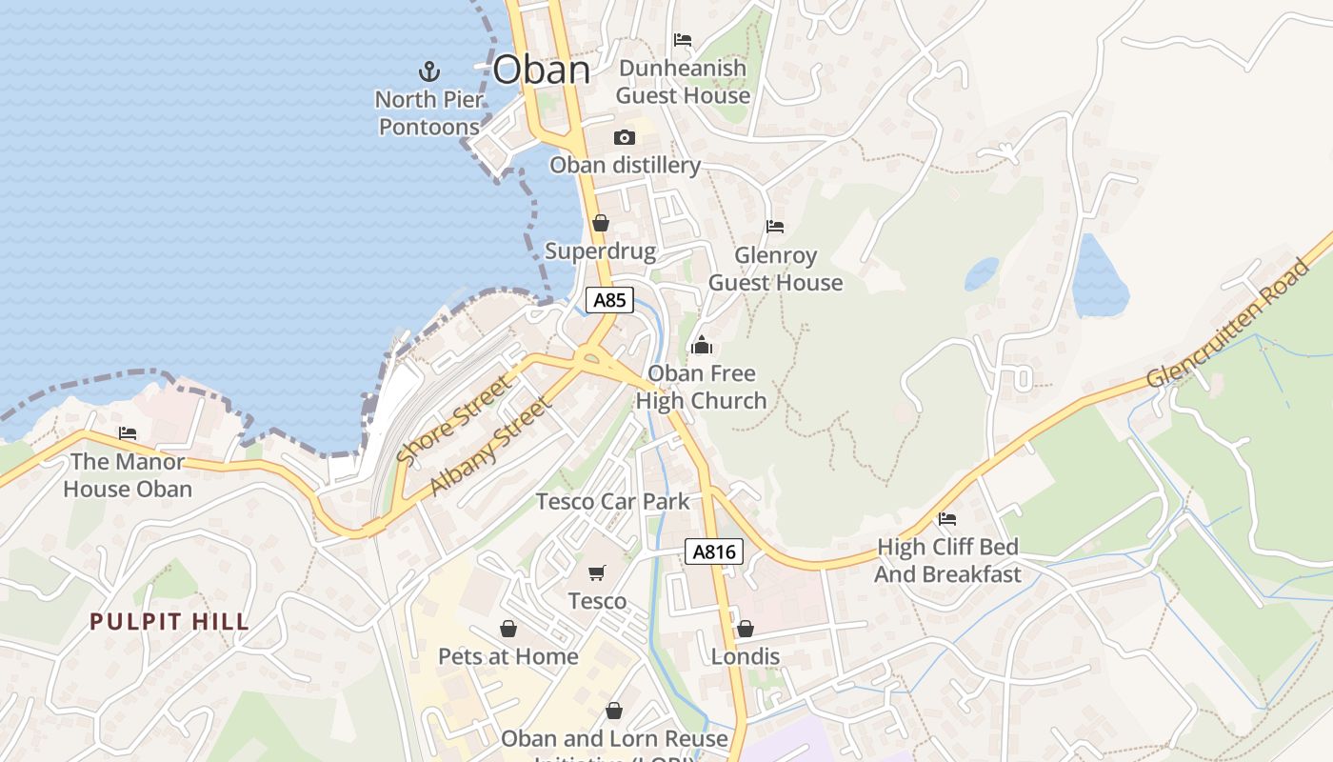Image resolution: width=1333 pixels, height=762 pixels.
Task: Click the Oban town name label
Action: coord(542,70)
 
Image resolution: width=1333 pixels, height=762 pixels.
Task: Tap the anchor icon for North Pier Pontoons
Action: coord(429,70)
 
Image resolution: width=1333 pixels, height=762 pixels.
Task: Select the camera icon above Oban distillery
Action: coord(625,137)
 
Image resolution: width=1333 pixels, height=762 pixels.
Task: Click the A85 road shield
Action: coord(609,300)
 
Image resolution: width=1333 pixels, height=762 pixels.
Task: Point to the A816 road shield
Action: coord(713,551)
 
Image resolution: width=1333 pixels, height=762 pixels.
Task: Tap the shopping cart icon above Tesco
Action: coord(597,572)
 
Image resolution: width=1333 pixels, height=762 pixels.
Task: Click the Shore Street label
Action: coord(454,420)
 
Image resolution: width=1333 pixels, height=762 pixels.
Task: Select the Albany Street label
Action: coord(491,446)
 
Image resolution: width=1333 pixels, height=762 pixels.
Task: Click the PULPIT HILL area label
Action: coord(169,622)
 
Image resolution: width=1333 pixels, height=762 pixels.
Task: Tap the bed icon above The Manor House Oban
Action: coord(128,433)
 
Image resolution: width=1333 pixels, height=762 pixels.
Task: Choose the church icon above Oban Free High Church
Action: coord(702,345)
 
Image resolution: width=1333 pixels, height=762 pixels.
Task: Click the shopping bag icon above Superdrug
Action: coord(600,224)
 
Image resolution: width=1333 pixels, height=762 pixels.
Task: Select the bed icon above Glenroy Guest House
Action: coord(775,227)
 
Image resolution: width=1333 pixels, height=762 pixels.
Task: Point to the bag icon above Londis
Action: coord(745,629)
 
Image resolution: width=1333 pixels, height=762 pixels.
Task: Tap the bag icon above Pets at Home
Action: coord(508,629)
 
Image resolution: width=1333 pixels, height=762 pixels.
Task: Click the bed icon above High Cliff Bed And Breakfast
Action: coord(947,519)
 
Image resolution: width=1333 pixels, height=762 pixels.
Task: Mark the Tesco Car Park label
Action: coord(612,501)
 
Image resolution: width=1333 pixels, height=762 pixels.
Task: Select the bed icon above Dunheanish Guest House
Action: coord(683,40)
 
